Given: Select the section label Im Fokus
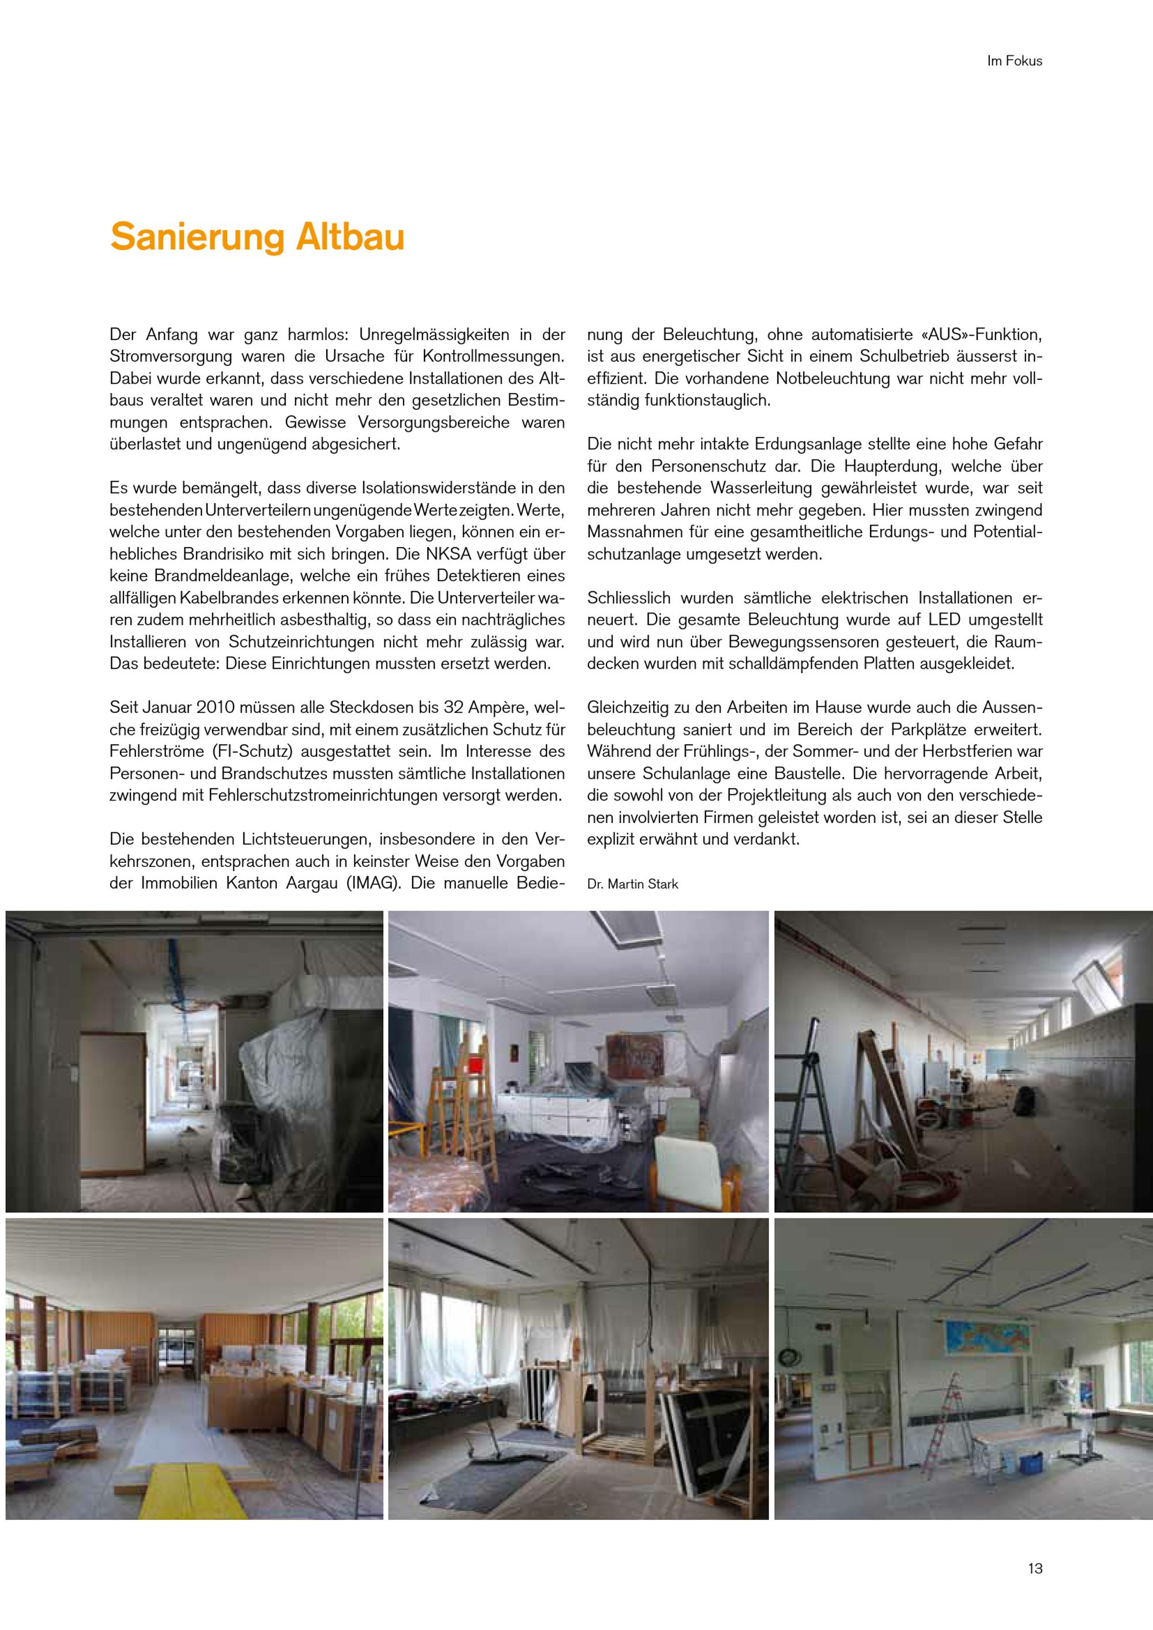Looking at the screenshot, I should (x=1014, y=61).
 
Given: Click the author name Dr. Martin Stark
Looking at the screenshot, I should (x=632, y=884).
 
